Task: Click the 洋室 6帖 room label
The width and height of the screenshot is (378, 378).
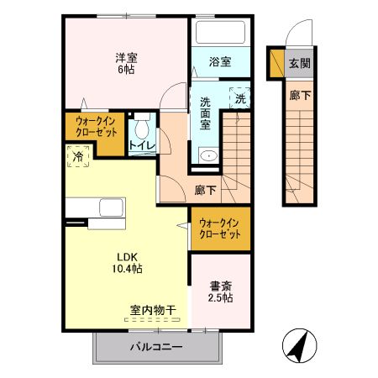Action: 126,63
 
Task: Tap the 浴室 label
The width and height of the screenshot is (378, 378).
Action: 220,60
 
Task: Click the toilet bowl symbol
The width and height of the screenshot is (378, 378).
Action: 141,128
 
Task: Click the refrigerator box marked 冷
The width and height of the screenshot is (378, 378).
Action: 77,156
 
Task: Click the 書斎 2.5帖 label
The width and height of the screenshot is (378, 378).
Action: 221,291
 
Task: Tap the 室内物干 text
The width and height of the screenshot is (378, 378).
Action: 152,310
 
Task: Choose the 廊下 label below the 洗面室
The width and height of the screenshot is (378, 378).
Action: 205,190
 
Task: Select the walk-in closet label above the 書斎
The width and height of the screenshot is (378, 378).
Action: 220,228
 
